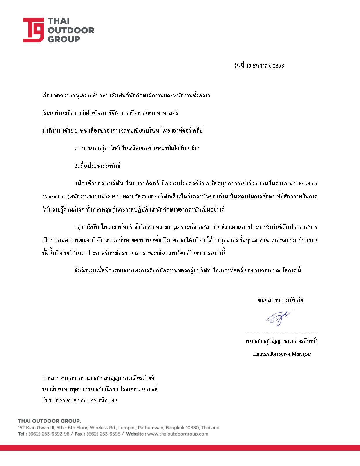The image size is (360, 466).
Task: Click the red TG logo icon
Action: (34, 30)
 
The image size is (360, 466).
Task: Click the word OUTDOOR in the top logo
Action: (71, 30)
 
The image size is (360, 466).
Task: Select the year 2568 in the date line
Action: (278, 66)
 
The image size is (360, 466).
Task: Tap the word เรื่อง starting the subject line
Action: (47, 96)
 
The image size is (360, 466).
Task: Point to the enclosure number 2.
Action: (77, 149)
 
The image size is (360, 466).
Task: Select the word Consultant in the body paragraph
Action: (54, 197)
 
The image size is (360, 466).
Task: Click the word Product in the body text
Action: (308, 184)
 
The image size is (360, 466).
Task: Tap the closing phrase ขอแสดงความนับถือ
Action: (281, 300)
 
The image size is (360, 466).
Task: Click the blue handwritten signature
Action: (278, 318)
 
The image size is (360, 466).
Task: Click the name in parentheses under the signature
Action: (281, 341)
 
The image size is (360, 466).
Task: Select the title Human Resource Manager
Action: (282, 354)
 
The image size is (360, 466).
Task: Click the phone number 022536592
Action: (67, 400)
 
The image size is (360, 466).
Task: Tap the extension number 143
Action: (113, 400)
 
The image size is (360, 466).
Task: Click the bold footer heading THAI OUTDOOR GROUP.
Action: (49, 421)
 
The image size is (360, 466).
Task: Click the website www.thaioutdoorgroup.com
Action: (178, 434)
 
